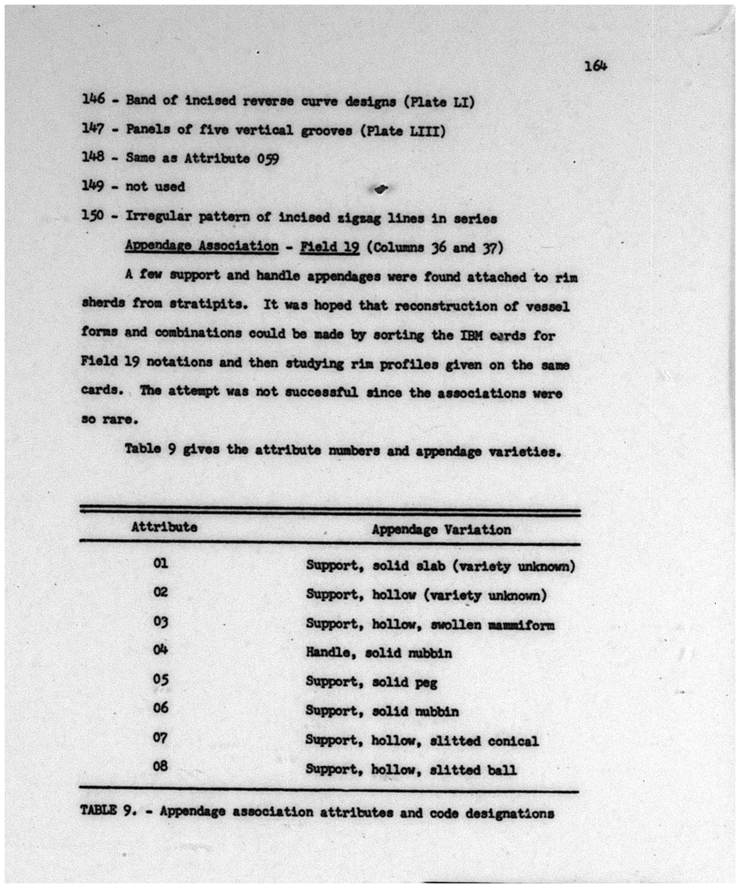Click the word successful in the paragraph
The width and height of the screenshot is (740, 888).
321,392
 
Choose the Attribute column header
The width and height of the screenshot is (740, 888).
164,527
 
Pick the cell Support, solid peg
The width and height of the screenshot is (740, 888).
371,682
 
